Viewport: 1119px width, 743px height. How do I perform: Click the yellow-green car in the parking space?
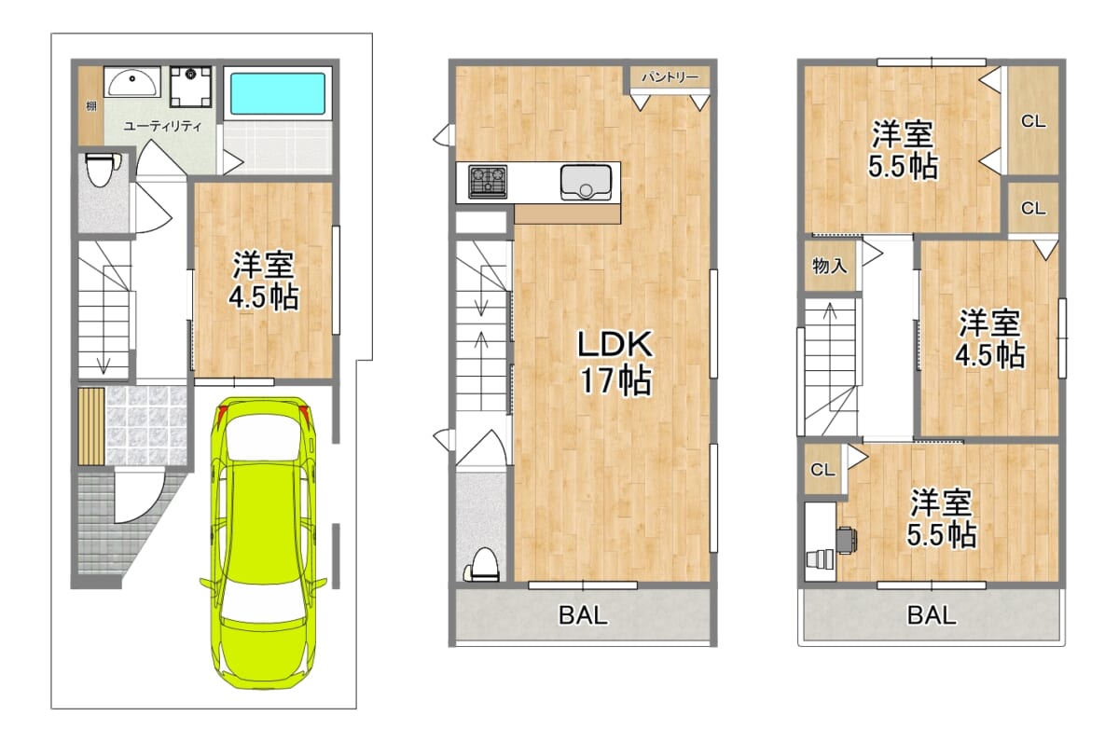click(x=263, y=543)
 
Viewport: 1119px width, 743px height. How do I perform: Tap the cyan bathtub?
click(x=278, y=93)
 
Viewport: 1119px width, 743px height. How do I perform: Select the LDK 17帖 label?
click(x=615, y=362)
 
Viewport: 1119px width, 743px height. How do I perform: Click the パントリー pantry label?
click(x=670, y=76)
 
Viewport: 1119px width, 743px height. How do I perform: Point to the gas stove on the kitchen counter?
click(x=488, y=181)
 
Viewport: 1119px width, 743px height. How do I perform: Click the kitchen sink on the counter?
click(x=586, y=182)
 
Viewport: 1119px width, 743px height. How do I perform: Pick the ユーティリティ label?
click(x=163, y=126)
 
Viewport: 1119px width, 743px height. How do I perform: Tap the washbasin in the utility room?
click(x=131, y=83)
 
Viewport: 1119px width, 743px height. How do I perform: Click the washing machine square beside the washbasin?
click(x=191, y=87)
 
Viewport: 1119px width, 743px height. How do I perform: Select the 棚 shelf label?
click(x=91, y=106)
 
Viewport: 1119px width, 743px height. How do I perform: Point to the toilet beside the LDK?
click(x=482, y=565)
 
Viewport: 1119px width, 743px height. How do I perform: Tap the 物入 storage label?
click(x=830, y=266)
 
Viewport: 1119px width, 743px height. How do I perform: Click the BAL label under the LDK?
click(x=583, y=615)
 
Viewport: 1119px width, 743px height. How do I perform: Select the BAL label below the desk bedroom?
click(x=932, y=615)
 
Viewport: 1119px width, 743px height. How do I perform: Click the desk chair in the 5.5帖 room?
click(x=847, y=541)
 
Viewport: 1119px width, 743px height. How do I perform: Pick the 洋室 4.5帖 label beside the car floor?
click(x=263, y=282)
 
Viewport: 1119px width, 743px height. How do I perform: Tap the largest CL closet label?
click(x=1033, y=121)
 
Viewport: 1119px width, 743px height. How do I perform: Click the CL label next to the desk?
click(x=822, y=470)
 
